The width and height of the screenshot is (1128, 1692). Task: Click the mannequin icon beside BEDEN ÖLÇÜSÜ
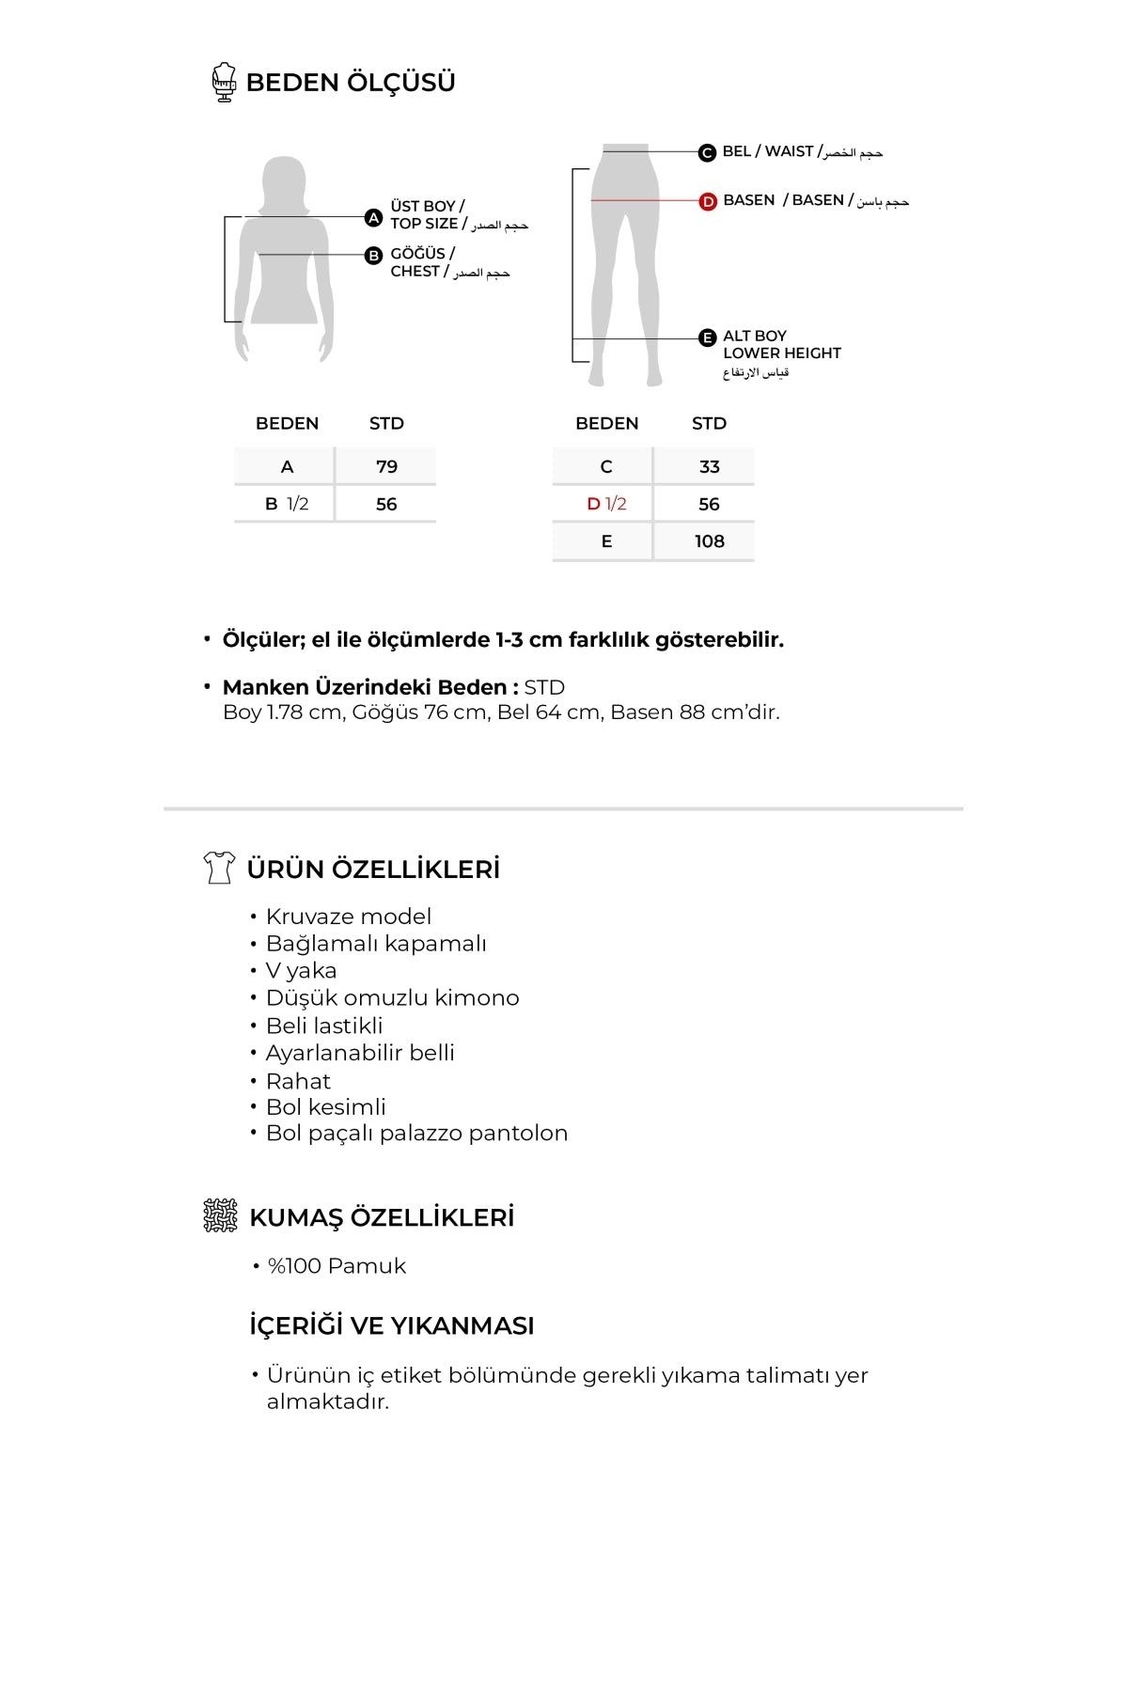(x=224, y=82)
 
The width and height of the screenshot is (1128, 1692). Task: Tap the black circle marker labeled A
(x=373, y=218)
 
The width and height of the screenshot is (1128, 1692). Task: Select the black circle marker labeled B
(x=373, y=255)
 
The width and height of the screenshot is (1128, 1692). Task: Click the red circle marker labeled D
(x=708, y=201)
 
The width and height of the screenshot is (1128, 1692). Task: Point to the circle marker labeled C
(x=707, y=152)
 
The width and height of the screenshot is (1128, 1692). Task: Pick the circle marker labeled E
(x=708, y=338)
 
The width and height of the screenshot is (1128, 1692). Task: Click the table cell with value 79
(x=386, y=466)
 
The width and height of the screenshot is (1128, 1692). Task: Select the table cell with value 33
(x=709, y=466)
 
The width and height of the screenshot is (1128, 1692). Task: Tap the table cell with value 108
(x=709, y=541)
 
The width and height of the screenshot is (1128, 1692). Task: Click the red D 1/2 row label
(x=606, y=504)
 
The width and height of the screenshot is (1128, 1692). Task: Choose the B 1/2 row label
(x=287, y=504)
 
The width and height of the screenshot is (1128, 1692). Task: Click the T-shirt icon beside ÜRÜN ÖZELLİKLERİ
(x=219, y=868)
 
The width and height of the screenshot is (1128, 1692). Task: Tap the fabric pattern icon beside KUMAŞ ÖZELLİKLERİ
(x=221, y=1215)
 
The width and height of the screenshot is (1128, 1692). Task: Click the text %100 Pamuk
(x=337, y=1266)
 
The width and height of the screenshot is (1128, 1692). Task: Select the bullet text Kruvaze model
(x=348, y=916)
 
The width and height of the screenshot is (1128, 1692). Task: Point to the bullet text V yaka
(x=301, y=971)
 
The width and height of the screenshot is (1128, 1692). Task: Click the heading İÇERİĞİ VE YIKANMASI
(x=391, y=1326)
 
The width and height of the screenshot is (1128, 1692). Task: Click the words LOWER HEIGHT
(x=782, y=353)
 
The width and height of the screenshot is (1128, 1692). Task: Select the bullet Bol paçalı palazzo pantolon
(x=416, y=1134)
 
